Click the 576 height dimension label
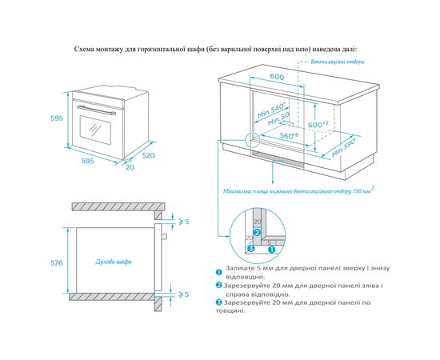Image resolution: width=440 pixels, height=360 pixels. click(x=57, y=263)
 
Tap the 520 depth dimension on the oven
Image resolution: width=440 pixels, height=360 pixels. click(x=148, y=155)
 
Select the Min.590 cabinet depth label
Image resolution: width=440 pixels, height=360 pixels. click(x=343, y=147)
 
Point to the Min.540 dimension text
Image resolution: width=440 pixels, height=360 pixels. click(x=271, y=110)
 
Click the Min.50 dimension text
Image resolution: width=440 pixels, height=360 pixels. click(x=278, y=119)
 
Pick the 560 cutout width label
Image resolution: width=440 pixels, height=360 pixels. click(x=290, y=136)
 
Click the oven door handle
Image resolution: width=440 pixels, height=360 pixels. click(x=96, y=110)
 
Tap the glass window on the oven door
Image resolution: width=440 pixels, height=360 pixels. click(x=95, y=130)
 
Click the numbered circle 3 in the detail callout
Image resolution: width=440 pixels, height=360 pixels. click(x=250, y=248)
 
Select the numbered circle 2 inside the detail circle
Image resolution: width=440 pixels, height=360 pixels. click(x=258, y=233)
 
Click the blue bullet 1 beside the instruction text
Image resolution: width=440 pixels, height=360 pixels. click(x=219, y=272)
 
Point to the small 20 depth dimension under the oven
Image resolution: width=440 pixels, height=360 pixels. click(x=130, y=167)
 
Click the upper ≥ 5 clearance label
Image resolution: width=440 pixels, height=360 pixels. click(x=184, y=222)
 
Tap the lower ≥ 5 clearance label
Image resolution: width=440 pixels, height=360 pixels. click(x=184, y=294)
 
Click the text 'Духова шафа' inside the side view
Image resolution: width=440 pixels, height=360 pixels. click(x=114, y=262)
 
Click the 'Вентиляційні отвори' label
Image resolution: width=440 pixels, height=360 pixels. click(x=338, y=62)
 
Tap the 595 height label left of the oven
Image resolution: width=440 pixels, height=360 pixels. click(x=57, y=118)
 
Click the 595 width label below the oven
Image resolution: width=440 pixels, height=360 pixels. click(x=87, y=161)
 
